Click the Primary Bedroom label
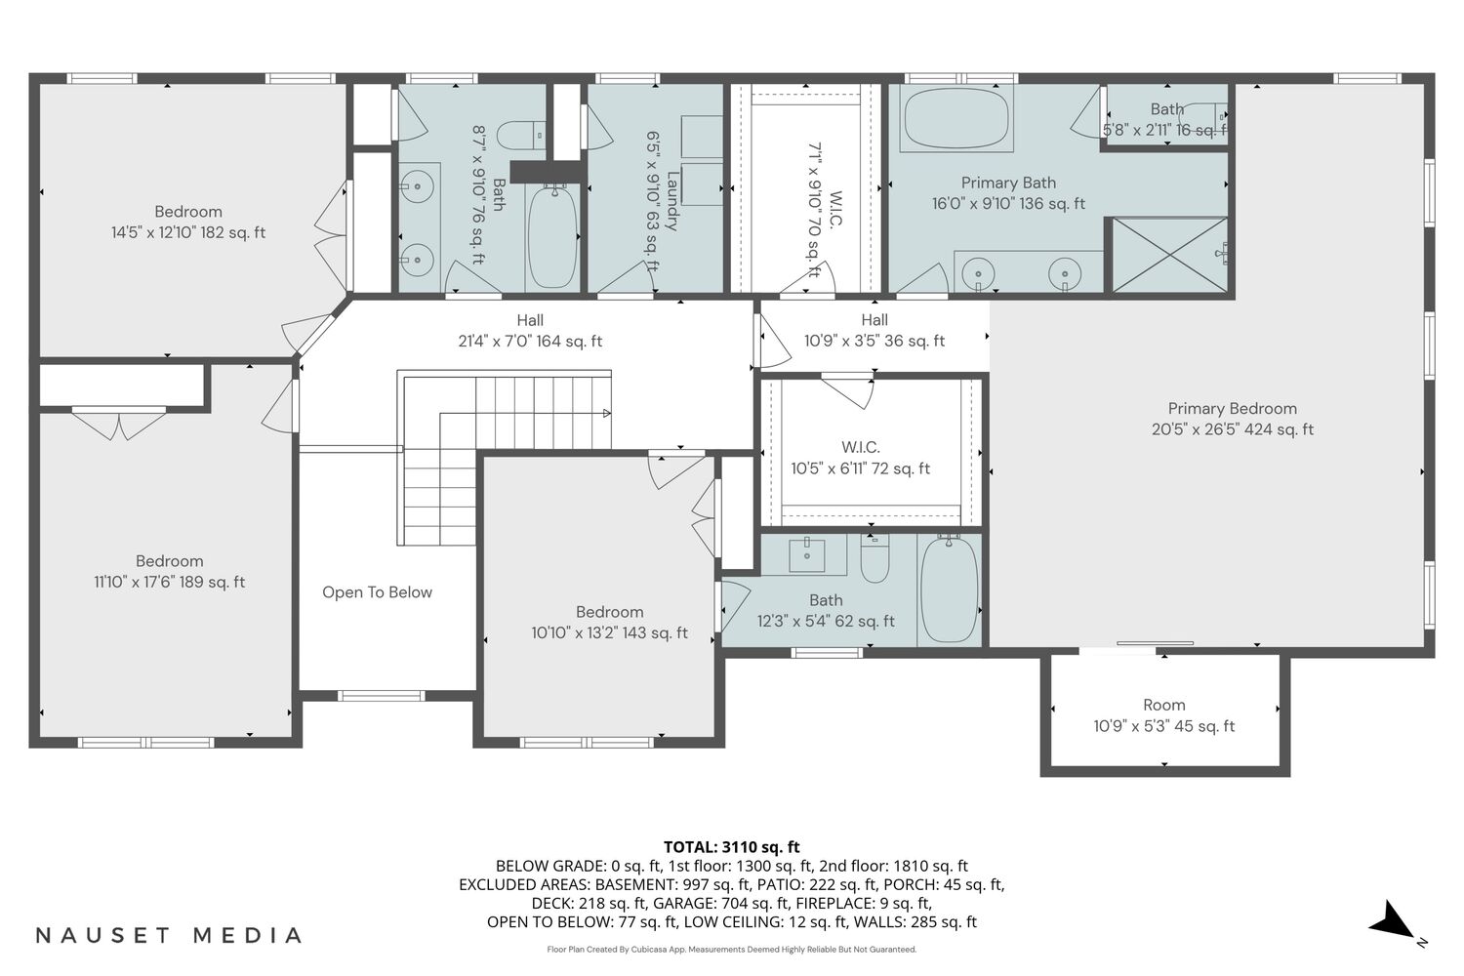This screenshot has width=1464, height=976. tap(1232, 419)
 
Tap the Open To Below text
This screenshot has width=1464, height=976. tap(377, 592)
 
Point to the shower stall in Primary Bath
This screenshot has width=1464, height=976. tap(1169, 255)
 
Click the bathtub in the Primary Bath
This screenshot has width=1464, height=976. tap(956, 118)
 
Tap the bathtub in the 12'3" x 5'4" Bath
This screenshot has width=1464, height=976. tap(949, 590)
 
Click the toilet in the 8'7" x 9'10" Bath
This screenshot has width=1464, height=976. tap(521, 136)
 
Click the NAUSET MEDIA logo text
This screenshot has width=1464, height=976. tap(169, 935)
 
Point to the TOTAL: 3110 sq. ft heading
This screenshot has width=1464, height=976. tap(731, 846)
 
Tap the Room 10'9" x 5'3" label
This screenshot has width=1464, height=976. tap(1164, 715)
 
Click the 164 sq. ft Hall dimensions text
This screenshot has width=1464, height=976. tap(530, 342)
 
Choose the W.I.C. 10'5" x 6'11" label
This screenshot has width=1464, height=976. tap(860, 458)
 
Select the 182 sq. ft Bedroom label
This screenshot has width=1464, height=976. tap(188, 223)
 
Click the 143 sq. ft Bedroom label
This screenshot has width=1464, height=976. tap(609, 623)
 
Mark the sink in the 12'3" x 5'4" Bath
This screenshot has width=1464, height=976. tap(806, 555)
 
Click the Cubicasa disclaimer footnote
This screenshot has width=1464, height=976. tap(731, 950)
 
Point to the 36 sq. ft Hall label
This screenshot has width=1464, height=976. tap(874, 330)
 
